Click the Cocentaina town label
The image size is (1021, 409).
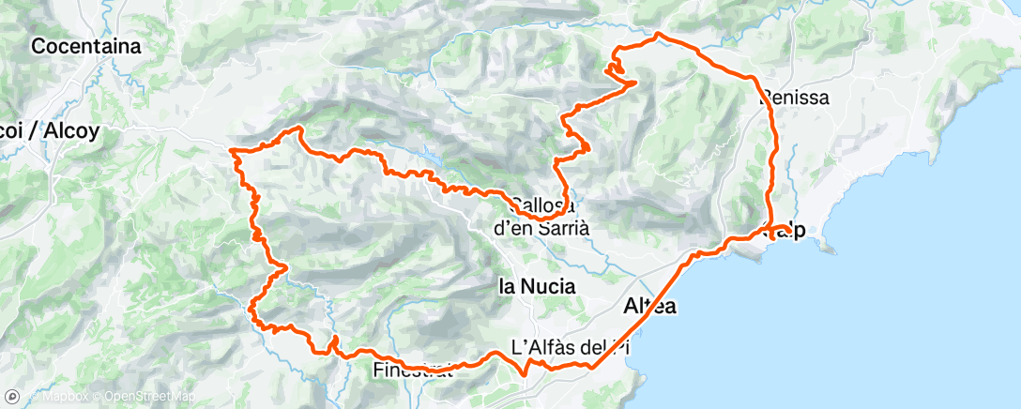(x=85, y=45)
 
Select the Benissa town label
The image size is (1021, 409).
(x=796, y=96)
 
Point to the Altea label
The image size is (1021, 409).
(x=649, y=307)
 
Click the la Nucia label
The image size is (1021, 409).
(x=536, y=287)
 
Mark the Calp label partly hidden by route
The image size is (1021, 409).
(x=791, y=232)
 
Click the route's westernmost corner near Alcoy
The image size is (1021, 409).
(x=233, y=149)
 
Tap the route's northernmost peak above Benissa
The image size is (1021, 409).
(x=659, y=35)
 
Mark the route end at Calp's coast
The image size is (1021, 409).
(x=772, y=237)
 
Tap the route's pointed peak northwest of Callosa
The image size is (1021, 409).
(x=299, y=128)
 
